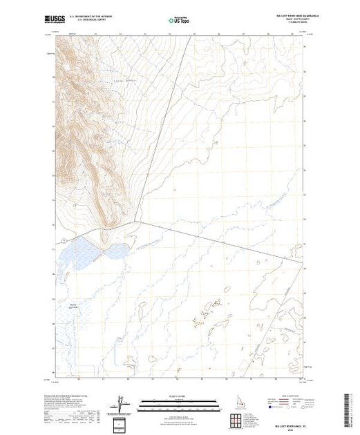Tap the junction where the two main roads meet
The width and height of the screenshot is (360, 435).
142,223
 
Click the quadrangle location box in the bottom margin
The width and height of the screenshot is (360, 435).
123,423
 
